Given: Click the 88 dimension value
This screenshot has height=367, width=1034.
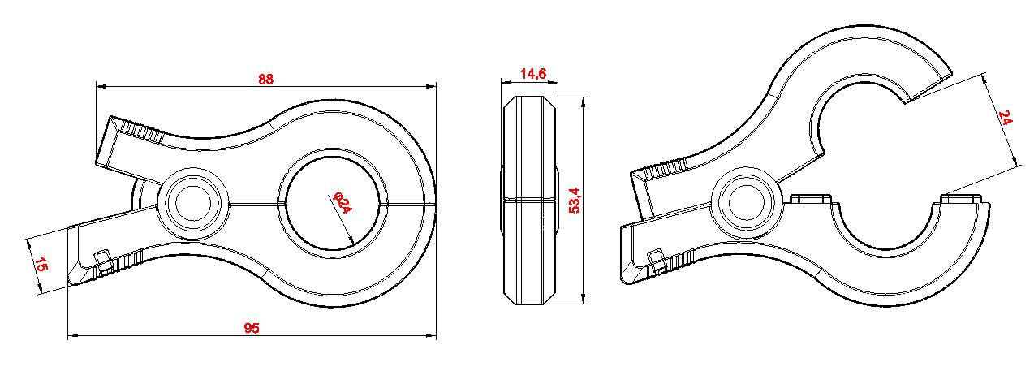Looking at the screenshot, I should pyautogui.click(x=265, y=79).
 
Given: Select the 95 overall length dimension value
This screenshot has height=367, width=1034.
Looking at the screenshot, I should pyautogui.click(x=252, y=328).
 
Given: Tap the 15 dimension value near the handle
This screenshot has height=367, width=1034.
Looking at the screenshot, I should pyautogui.click(x=38, y=264).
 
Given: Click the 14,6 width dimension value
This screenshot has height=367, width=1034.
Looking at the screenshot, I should pyautogui.click(x=532, y=75).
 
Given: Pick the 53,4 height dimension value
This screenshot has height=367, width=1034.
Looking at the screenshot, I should pyautogui.click(x=575, y=200).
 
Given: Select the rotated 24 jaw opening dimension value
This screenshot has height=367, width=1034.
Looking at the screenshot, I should pyautogui.click(x=1006, y=119).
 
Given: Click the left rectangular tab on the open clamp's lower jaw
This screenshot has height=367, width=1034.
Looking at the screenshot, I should pyautogui.click(x=809, y=199).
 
